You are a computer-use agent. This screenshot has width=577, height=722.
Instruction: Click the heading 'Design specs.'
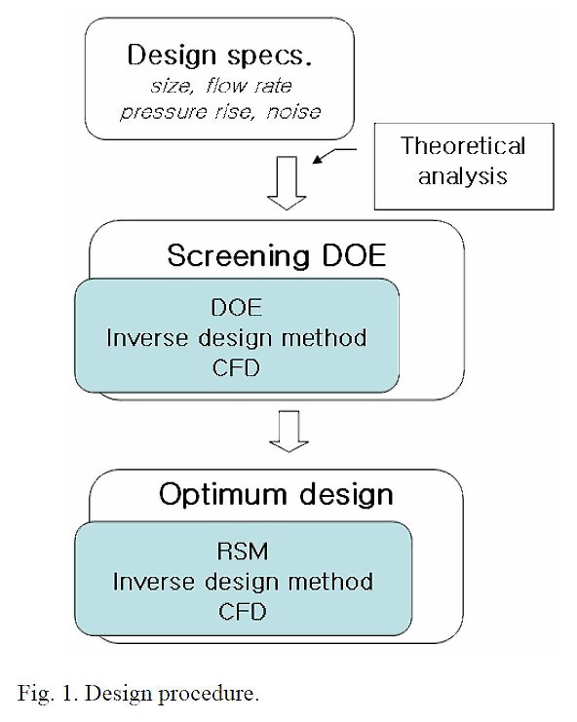click(225, 54)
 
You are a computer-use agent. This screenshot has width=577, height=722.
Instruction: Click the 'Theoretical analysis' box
click(463, 162)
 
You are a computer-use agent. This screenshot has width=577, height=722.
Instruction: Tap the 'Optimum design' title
click(276, 494)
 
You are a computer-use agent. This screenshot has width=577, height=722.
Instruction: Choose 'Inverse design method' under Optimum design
click(243, 582)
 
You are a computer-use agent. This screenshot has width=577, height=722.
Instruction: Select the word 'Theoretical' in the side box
click(463, 146)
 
